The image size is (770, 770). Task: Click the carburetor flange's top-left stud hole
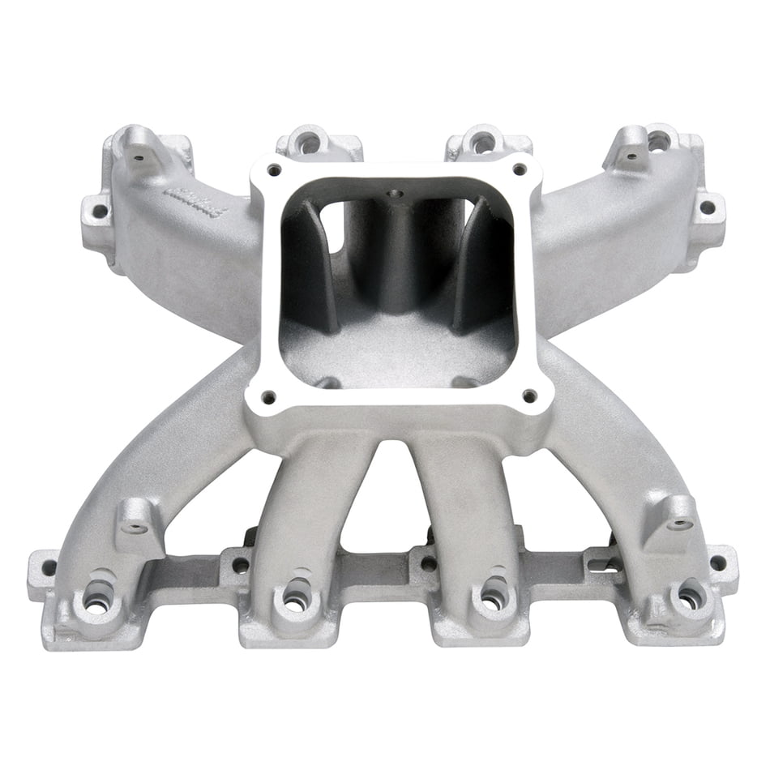[x=275, y=169]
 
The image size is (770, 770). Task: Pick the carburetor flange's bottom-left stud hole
[x=268, y=396]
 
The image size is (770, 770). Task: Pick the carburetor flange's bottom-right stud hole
[x=529, y=396]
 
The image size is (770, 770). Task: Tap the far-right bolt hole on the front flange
[x=718, y=562]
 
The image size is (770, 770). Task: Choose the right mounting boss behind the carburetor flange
[x=483, y=143]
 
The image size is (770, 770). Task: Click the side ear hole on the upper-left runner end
[x=100, y=212]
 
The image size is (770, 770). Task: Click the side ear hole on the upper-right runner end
[x=707, y=207]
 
